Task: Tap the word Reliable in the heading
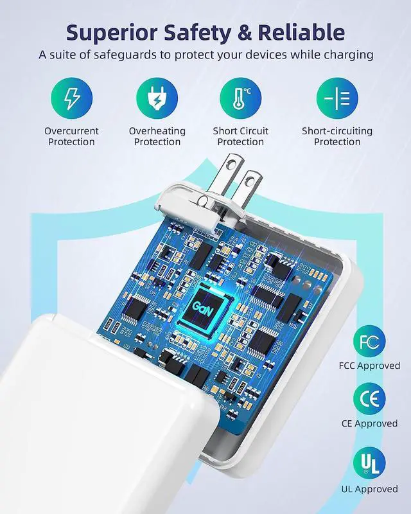pos(301,32)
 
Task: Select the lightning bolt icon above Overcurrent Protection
pos(71,98)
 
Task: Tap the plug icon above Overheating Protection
pos(157,98)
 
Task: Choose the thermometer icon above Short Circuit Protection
pos(241,98)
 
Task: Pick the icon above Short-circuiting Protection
pos(337,98)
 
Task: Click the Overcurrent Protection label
pos(71,136)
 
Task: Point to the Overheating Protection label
pos(157,136)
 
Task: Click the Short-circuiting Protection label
pos(337,136)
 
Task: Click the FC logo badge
pos(369,341)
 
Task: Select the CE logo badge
pos(369,399)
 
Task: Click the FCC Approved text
pos(370,366)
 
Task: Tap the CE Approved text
pos(370,423)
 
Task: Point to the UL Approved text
pos(370,489)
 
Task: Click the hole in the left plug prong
pos(232,163)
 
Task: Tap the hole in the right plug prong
pos(250,180)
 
